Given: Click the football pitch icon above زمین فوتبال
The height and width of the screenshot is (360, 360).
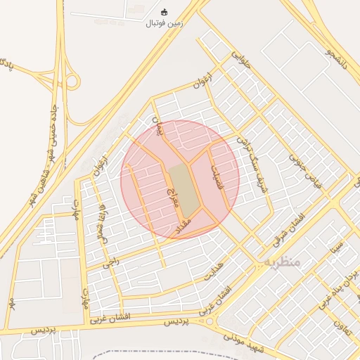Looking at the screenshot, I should click(165, 12).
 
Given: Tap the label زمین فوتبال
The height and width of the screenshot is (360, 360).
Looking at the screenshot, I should click(164, 23).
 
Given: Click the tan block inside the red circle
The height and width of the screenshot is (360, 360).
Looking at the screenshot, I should click(182, 189).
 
